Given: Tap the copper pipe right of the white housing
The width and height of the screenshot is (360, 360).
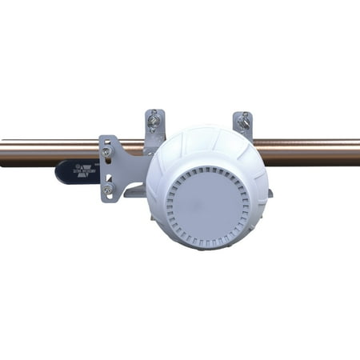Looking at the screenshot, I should pyautogui.click(x=312, y=151).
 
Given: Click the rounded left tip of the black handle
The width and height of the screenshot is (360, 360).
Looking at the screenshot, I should pyautogui.click(x=58, y=172).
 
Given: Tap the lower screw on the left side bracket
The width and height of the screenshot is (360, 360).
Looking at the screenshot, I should pyautogui.click(x=107, y=190).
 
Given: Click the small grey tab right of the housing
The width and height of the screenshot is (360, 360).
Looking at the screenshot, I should pyautogui.click(x=270, y=192).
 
